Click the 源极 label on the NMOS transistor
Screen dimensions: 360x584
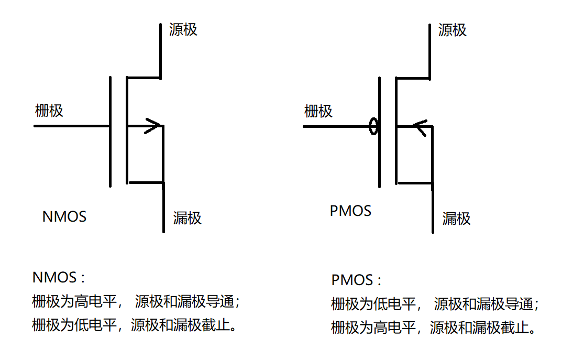point(183,29)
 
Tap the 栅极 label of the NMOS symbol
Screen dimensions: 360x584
point(49,111)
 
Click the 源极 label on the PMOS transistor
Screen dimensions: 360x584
point(453,30)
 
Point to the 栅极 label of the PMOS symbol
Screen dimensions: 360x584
point(318,111)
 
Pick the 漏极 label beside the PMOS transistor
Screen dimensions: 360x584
point(457,219)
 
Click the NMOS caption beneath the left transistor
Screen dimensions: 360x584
point(64,216)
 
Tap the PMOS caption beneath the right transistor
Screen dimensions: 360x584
point(350,211)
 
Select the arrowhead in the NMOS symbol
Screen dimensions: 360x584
point(155,126)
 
